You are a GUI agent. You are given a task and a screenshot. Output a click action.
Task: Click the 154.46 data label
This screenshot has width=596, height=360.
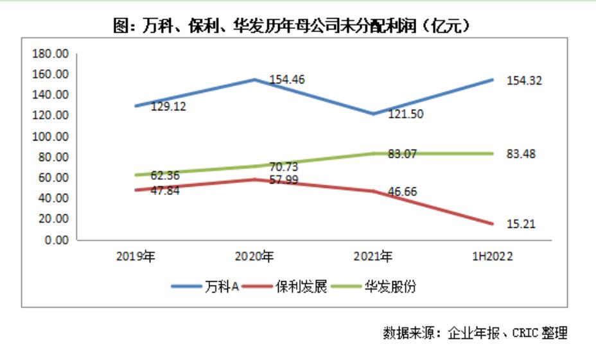point(286,80)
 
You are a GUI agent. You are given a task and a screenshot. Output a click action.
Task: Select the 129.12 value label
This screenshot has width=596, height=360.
point(168,107)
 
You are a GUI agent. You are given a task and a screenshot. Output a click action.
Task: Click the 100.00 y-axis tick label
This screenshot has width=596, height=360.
point(52,137)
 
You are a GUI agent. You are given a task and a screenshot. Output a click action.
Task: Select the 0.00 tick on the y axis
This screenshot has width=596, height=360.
point(57,241)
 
